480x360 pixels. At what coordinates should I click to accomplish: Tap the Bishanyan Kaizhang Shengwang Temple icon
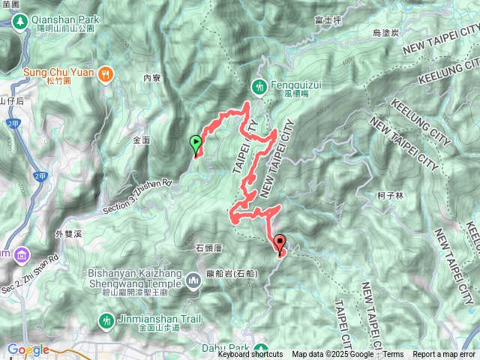point(193,280)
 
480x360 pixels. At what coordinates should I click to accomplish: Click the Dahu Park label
point(226,347)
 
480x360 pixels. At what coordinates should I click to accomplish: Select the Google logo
point(28,349)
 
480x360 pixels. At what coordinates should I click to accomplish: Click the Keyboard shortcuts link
point(250,355)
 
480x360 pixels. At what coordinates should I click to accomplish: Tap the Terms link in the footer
point(393,355)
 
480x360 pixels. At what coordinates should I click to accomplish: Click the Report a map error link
point(444,355)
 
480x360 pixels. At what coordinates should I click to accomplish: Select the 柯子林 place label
point(391,195)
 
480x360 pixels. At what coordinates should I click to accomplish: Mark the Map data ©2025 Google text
point(332,355)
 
